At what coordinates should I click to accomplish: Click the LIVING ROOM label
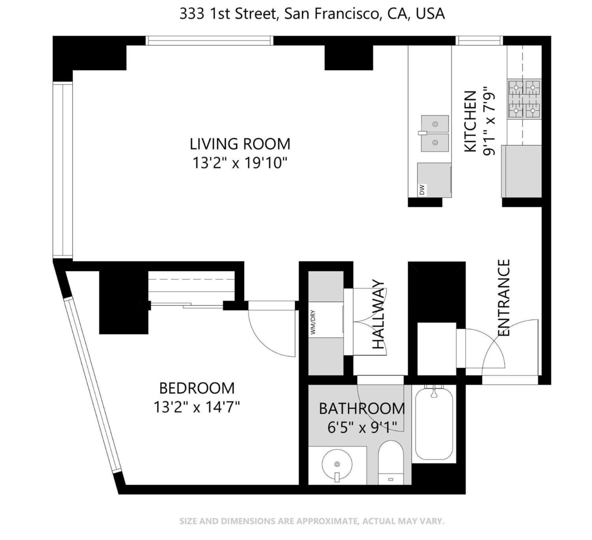pos(240,144)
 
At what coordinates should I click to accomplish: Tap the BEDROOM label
pos(197,388)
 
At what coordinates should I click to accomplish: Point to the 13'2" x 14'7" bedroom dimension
pos(197,407)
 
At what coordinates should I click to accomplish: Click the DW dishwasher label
pos(422,190)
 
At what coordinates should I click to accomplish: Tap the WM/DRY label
pos(313,322)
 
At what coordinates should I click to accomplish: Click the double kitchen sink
pos(435,133)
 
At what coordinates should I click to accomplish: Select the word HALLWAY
pos(378,314)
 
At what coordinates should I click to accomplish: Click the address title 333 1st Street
pos(312,14)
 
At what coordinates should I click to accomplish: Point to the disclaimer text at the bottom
pos(312,521)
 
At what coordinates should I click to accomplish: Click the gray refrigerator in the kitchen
pos(521,171)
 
